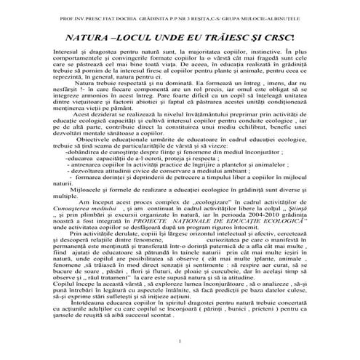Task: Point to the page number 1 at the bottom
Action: tap(179, 342)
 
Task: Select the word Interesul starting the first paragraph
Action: tap(68, 54)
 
